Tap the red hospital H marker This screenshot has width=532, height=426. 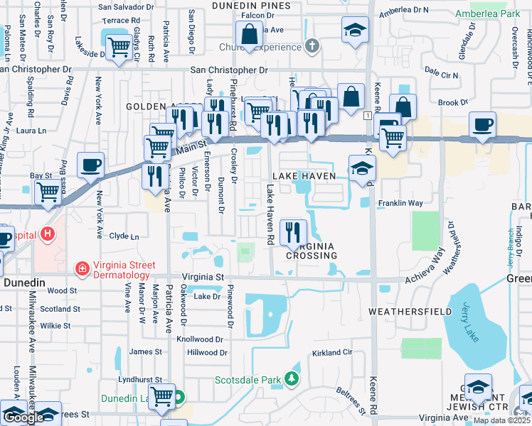point(48,233)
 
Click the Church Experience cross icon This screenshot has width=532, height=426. point(311,47)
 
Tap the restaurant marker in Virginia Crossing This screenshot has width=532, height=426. point(293,231)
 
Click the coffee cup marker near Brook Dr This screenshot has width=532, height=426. point(482,124)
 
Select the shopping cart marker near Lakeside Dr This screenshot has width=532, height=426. point(118,48)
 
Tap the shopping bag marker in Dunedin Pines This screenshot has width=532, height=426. point(250,33)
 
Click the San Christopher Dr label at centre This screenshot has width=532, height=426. point(228,70)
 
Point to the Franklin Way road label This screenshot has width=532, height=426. point(400,203)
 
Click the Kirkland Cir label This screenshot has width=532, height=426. point(332,352)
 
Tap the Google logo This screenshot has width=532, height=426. point(24,417)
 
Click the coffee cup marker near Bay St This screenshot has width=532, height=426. point(90,165)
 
